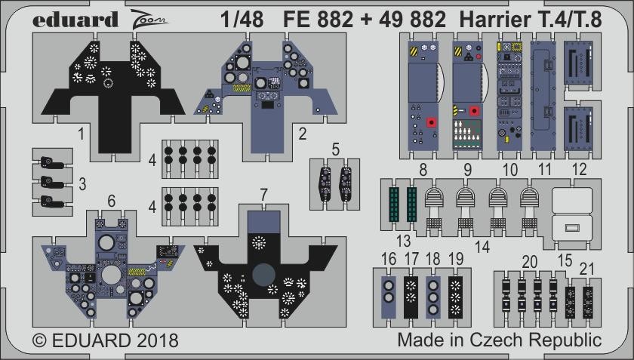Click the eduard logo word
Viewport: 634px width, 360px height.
[x=75, y=20]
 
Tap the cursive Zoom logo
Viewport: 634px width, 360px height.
[x=149, y=18]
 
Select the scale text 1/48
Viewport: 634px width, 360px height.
[x=242, y=20]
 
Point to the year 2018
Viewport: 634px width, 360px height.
[x=155, y=340]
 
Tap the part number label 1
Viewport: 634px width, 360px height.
[x=82, y=134]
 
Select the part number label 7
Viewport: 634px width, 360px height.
[x=263, y=195]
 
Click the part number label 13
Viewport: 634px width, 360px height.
[x=403, y=241]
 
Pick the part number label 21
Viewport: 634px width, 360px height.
[x=586, y=269]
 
